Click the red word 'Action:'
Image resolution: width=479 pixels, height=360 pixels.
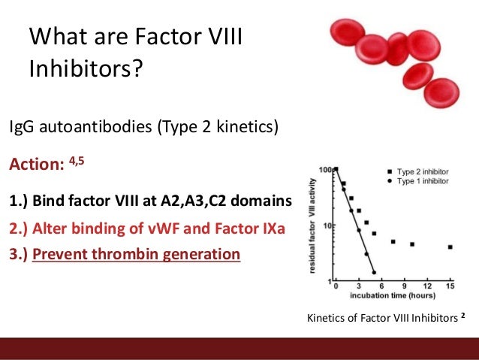tap(35, 164)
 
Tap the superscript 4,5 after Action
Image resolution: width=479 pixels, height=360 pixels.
tap(78, 160)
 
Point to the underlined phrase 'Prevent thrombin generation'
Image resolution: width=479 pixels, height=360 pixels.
tap(136, 254)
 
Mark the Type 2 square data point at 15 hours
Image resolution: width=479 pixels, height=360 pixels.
tap(450, 247)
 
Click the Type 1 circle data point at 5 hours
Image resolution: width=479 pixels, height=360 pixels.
tap(373, 272)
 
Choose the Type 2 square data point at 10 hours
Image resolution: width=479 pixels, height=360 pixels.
tap(412, 244)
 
